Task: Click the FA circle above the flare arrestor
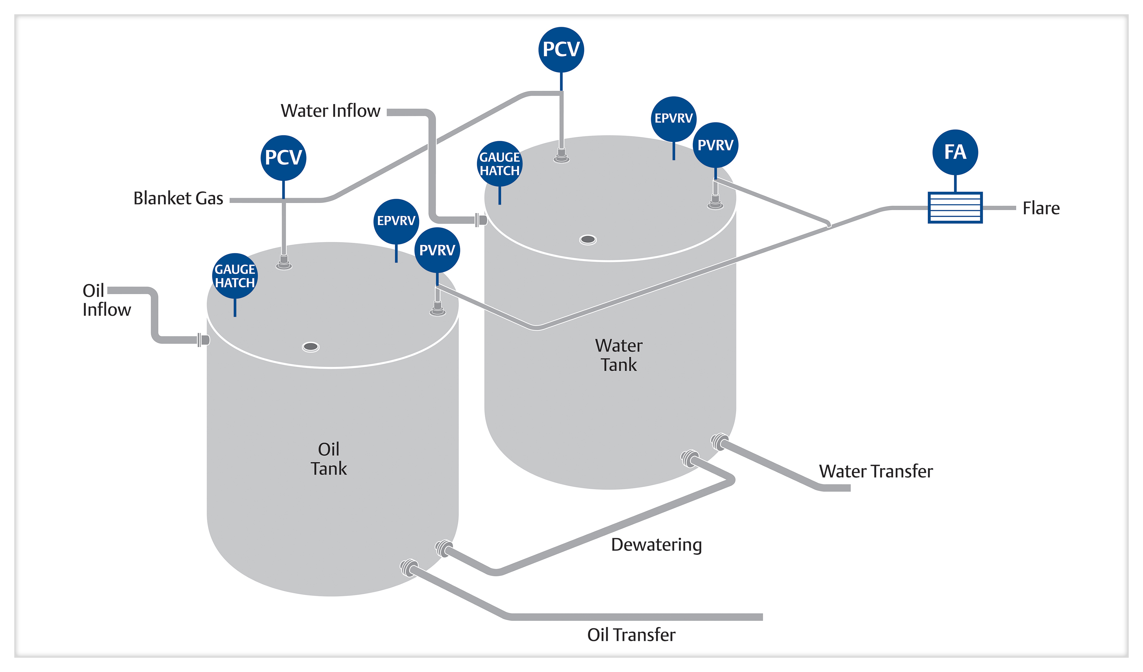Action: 955,152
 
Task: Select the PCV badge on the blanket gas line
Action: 283,158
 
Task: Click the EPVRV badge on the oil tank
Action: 396,221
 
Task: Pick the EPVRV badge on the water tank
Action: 674,119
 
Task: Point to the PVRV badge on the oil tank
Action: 437,250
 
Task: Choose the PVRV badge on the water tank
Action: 715,145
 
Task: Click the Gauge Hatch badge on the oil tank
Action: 235,276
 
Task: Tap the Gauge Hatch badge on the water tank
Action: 499,164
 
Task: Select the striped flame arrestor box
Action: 955,208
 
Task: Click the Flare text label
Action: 1041,208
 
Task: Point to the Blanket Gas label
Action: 178,198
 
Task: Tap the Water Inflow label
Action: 330,111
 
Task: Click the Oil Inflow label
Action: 106,300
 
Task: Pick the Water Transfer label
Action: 875,472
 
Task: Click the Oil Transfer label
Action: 631,635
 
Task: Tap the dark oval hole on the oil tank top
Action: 311,347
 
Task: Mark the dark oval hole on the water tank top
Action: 588,239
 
